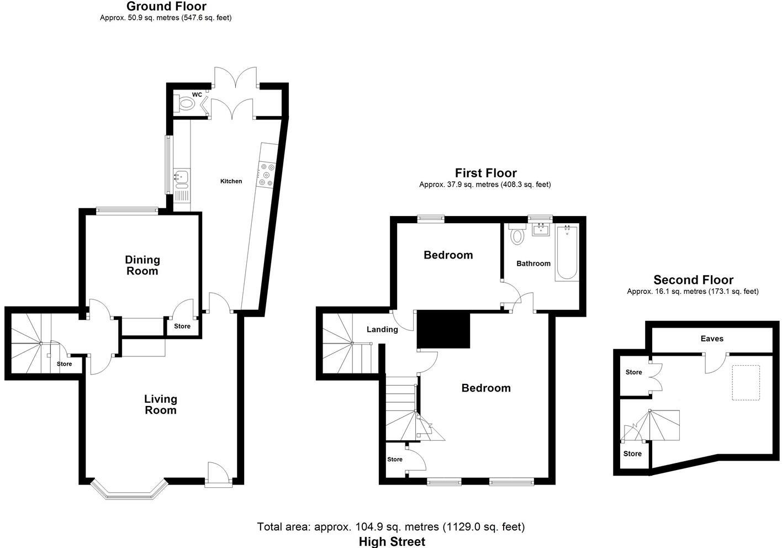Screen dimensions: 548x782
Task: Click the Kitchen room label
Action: pos(231,181)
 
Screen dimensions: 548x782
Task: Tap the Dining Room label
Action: pos(142,265)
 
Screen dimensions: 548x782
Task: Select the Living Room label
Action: pos(160,404)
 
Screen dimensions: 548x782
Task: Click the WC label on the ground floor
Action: pos(197,94)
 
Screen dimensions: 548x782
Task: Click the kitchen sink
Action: pos(181,177)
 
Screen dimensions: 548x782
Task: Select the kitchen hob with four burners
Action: pos(266,175)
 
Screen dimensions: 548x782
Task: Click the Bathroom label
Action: pos(533,264)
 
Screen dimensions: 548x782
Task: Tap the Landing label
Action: pos(382,330)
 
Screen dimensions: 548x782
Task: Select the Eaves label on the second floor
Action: pos(711,339)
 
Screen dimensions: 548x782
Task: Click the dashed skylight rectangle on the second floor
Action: pos(746,382)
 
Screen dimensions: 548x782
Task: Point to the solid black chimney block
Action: pos(443,329)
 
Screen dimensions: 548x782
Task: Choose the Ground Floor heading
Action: pos(166,7)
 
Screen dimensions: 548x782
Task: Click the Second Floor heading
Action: pos(693,280)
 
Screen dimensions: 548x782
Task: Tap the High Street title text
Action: pos(392,541)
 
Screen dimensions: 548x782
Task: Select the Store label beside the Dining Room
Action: pos(182,326)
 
